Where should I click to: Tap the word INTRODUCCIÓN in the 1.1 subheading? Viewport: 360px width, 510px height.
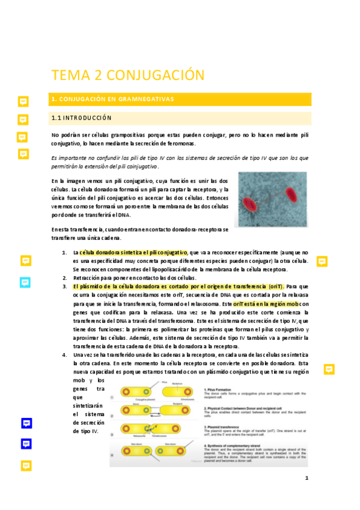click(91, 118)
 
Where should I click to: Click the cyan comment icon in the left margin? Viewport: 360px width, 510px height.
click(26, 282)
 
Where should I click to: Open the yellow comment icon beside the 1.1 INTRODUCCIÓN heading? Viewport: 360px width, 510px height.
click(23, 120)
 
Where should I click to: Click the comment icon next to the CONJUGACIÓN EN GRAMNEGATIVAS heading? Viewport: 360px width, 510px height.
click(23, 102)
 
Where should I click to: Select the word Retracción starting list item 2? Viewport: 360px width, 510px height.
click(88, 278)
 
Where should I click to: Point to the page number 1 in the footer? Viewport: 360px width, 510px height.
click(307, 479)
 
